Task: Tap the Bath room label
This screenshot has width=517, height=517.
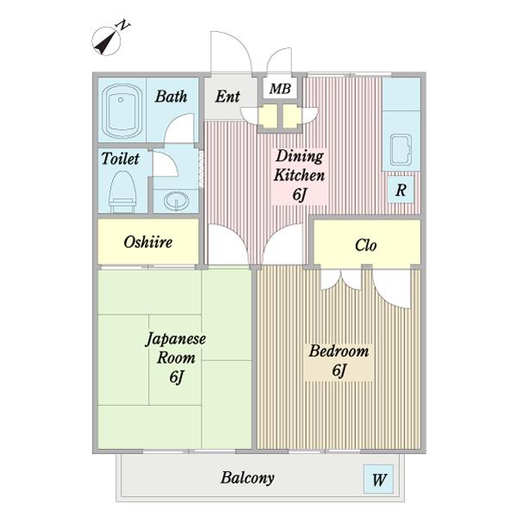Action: [171, 97]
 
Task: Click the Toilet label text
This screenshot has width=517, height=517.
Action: [120, 159]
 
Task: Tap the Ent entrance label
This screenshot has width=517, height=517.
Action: [227, 97]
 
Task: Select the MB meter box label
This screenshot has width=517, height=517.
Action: [280, 89]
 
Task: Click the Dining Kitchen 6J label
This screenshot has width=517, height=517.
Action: [299, 175]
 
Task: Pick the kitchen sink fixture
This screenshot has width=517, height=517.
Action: [402, 152]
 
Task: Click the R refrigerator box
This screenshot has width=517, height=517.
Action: [401, 190]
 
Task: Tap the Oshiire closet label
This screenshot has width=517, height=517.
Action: [147, 242]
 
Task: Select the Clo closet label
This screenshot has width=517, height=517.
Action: [366, 245]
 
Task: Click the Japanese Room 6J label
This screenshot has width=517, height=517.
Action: [175, 357]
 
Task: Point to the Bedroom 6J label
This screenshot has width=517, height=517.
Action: [339, 360]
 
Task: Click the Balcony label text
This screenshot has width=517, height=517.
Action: [247, 477]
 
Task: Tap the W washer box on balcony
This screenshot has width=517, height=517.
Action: [379, 480]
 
